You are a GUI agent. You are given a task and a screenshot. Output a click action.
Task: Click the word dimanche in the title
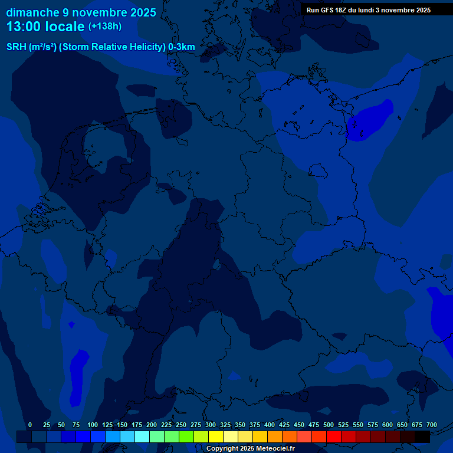click(32, 12)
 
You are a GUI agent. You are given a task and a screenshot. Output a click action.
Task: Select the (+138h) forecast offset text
click(104, 27)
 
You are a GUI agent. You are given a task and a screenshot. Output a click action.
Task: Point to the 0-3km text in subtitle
click(182, 47)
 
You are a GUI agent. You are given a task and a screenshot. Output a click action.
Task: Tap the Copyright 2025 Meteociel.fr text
click(250, 448)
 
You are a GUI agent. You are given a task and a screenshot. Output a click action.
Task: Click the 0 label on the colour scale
click(30, 425)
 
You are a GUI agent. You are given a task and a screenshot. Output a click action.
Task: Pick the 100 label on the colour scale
click(93, 425)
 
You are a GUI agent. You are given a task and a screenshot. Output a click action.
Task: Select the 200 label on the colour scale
click(152, 425)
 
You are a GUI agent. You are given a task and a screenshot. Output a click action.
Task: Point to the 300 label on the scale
click(211, 425)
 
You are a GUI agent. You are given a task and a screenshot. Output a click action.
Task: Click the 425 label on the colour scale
click(284, 425)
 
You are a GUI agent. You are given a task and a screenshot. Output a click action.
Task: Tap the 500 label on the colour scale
click(329, 425)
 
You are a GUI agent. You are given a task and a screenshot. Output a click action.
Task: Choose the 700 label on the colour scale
click(432, 425)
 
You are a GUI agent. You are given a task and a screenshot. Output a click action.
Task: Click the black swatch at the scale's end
click(422, 436)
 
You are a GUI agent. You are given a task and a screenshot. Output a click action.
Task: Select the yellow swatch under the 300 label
click(216, 436)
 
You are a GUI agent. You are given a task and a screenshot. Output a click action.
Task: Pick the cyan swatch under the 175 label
click(142, 436)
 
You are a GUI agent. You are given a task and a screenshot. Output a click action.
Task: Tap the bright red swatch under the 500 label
click(334, 436)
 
